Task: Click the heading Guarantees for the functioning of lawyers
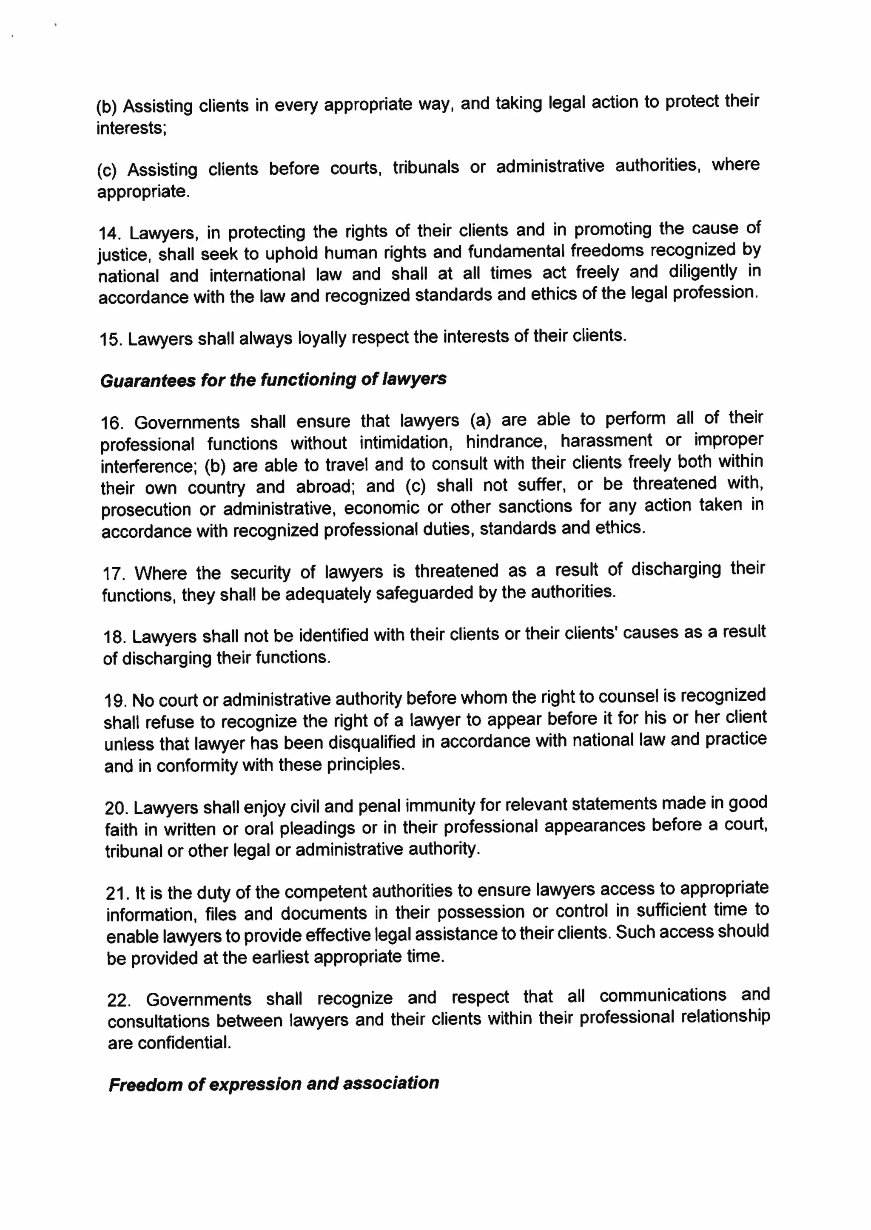point(273,380)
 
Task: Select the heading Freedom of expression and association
point(273,1084)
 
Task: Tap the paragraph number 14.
point(109,234)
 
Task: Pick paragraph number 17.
point(114,574)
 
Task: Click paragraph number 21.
point(117,894)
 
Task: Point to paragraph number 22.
point(119,1000)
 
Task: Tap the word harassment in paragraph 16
point(606,441)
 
